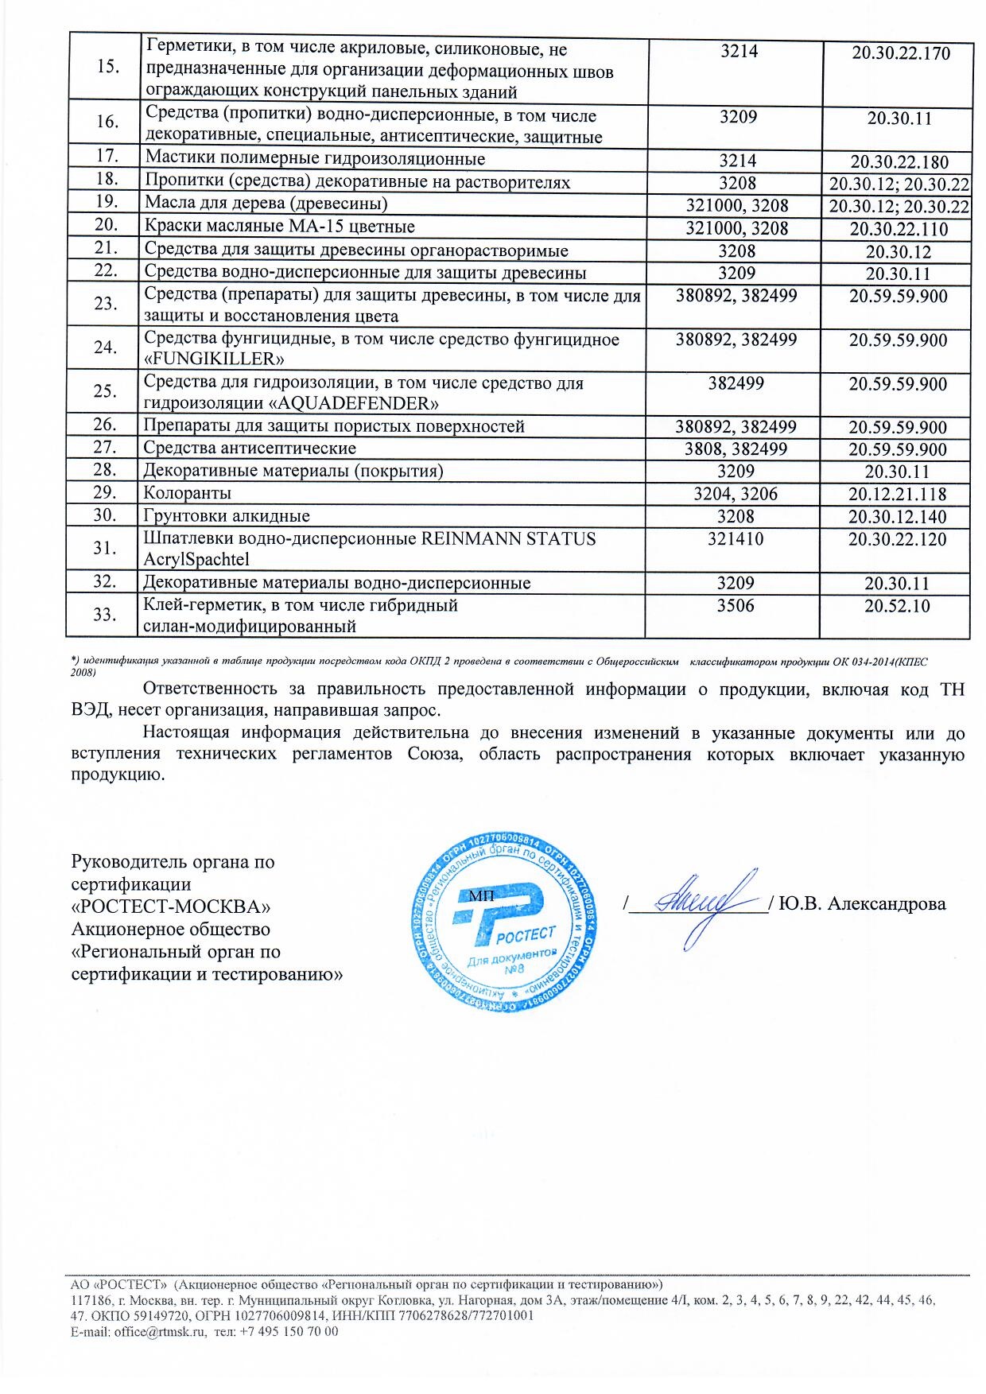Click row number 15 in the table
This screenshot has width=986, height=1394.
(107, 66)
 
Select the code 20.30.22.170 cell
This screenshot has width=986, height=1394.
(901, 54)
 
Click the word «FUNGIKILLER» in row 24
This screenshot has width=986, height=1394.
(214, 358)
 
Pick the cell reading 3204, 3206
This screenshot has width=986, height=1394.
(736, 494)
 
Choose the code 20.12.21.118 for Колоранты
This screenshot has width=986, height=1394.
(898, 495)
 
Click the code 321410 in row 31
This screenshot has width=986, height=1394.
(736, 539)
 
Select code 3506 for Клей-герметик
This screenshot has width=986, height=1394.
(736, 606)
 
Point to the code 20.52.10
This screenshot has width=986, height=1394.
(897, 606)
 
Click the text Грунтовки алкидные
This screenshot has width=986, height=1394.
(227, 516)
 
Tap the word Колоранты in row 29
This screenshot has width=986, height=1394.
(188, 494)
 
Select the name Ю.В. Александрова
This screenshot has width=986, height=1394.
(863, 904)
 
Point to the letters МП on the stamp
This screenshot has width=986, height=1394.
(481, 895)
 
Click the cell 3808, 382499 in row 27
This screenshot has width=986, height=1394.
(736, 449)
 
